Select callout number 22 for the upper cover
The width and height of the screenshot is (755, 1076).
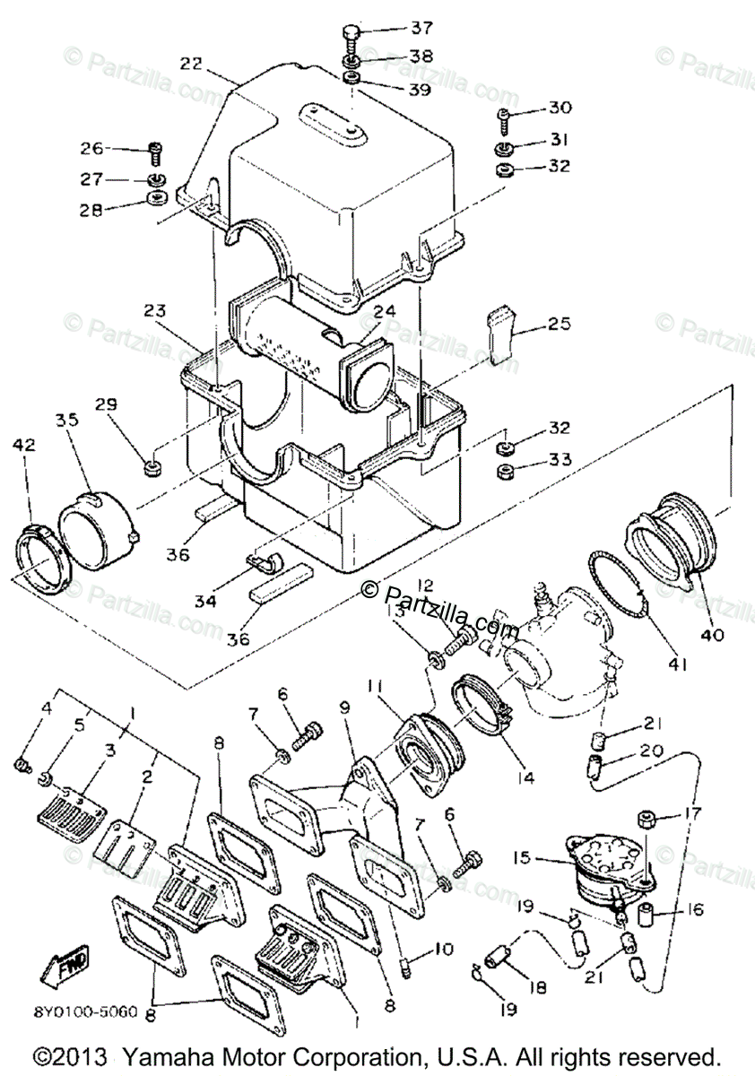tap(190, 64)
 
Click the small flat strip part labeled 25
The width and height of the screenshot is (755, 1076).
tap(503, 334)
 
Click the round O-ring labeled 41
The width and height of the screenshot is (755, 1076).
tap(619, 586)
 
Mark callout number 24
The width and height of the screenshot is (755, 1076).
tap(384, 312)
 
